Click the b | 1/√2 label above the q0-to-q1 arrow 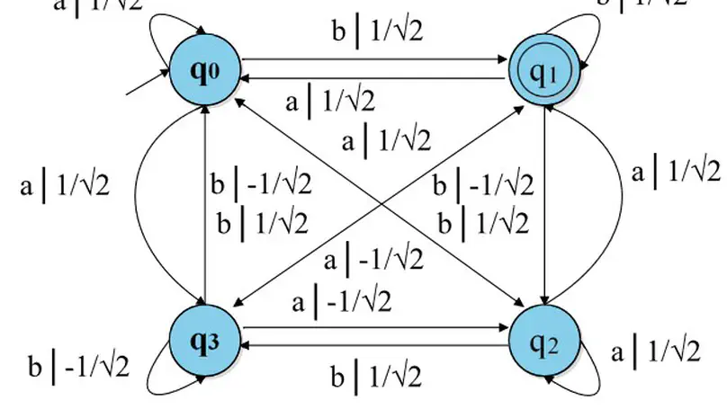(x=376, y=31)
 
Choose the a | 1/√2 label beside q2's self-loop (x=655, y=352)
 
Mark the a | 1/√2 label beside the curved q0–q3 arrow (x=65, y=186)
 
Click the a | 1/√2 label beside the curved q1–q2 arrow (x=675, y=171)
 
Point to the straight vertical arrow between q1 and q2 (x=546, y=207)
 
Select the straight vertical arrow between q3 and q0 (x=206, y=207)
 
